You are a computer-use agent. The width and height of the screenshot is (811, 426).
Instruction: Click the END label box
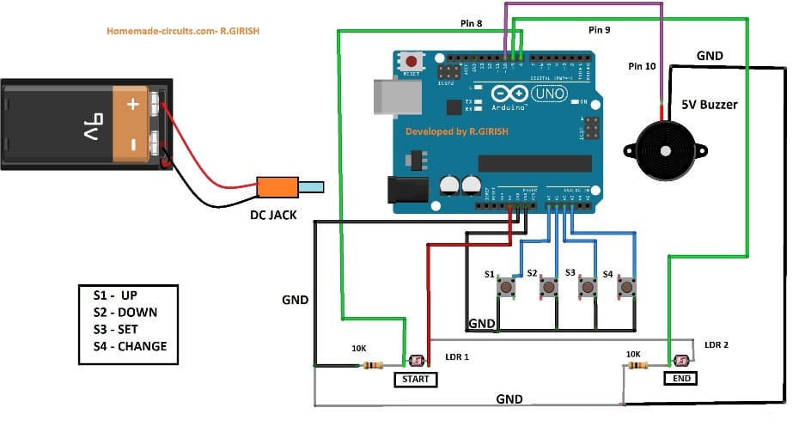point(680,377)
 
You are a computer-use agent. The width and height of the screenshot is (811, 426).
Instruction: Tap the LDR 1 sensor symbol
point(419,361)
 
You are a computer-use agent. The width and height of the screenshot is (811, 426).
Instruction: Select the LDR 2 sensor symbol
point(683,361)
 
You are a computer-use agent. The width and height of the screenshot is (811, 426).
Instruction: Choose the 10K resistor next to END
point(638,365)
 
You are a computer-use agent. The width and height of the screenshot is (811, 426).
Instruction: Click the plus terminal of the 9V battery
point(132,105)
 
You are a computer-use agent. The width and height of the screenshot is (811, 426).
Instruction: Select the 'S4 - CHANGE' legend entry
point(130,346)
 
